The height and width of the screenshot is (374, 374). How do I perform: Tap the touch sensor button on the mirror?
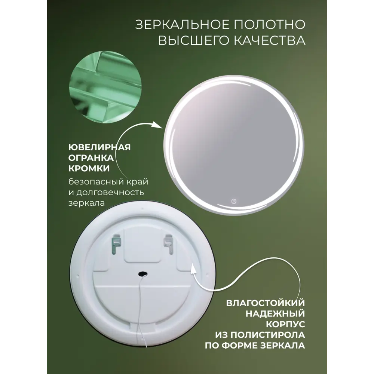[233, 200]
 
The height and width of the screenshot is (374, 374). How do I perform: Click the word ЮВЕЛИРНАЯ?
[100, 147]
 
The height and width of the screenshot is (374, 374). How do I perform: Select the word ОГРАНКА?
[92, 157]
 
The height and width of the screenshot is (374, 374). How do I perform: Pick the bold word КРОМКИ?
[89, 168]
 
